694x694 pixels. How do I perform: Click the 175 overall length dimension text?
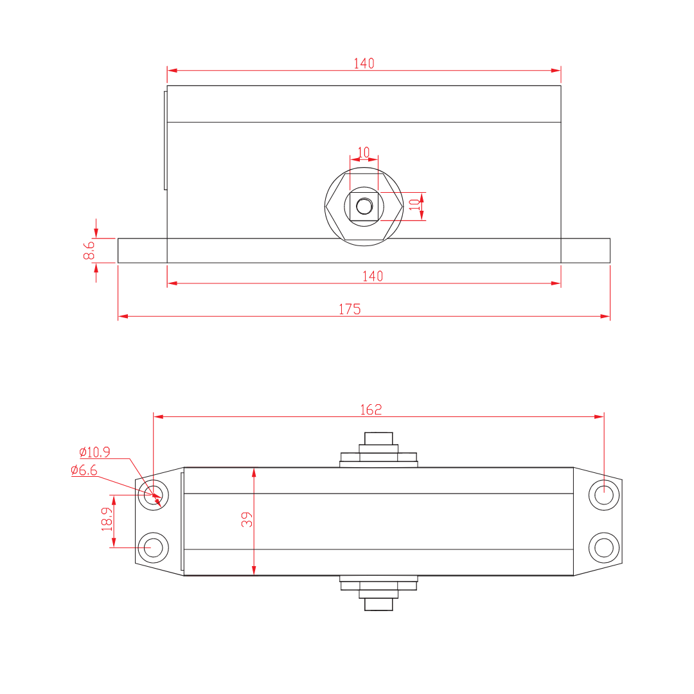click(350, 309)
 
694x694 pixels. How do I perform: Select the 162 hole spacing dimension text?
click(371, 409)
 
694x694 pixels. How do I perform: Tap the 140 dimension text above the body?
click(364, 63)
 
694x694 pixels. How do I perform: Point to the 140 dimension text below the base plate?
click(372, 276)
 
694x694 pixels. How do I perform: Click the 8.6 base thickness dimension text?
click(89, 250)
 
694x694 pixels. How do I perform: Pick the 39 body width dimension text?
click(247, 519)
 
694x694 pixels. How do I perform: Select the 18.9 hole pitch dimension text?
click(107, 519)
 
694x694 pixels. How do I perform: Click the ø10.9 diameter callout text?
click(94, 452)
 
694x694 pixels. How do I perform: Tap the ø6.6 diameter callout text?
click(84, 470)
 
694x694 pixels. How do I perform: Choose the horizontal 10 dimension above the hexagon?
click(364, 152)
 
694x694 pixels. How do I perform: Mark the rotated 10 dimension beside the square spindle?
click(414, 205)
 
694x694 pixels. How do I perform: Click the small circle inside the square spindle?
click(364, 206)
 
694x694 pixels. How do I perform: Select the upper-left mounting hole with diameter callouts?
click(154, 495)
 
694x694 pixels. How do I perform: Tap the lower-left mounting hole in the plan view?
click(154, 547)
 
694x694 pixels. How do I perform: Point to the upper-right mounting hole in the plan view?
click(604, 495)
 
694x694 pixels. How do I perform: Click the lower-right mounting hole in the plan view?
click(604, 547)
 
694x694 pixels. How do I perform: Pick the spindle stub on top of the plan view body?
click(378, 438)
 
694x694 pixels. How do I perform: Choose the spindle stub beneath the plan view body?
click(378, 604)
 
